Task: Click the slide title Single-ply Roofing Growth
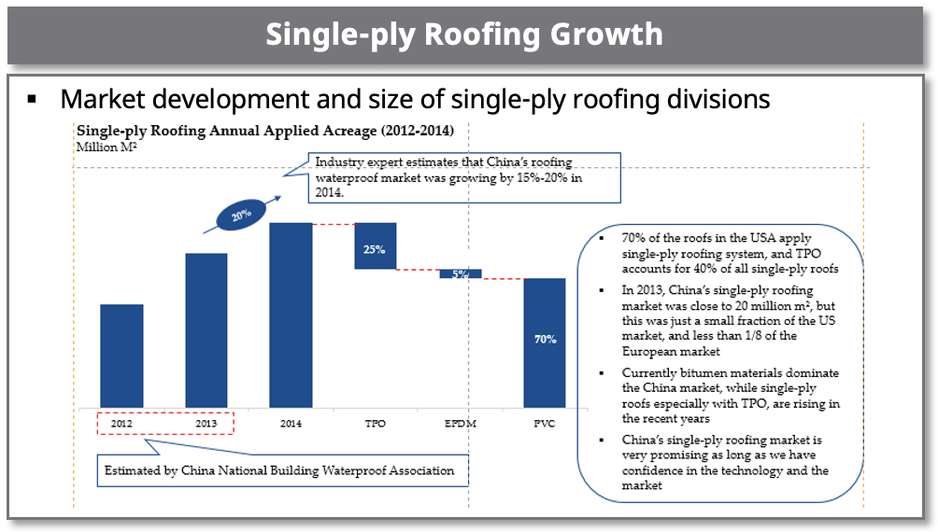(x=464, y=34)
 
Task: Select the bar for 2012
(x=121, y=356)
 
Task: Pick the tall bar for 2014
(x=291, y=315)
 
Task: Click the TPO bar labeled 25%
(x=376, y=246)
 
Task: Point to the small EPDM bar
(x=461, y=273)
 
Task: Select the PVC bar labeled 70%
(x=545, y=343)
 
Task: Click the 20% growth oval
(x=241, y=215)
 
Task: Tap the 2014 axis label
(x=291, y=424)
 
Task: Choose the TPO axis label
(x=376, y=424)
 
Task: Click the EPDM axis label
(x=461, y=424)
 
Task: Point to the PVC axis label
(x=545, y=424)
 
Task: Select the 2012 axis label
(x=121, y=424)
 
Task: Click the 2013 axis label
(x=206, y=424)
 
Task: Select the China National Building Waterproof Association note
(x=281, y=470)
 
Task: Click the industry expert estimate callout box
(x=464, y=177)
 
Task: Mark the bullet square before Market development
(x=32, y=97)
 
